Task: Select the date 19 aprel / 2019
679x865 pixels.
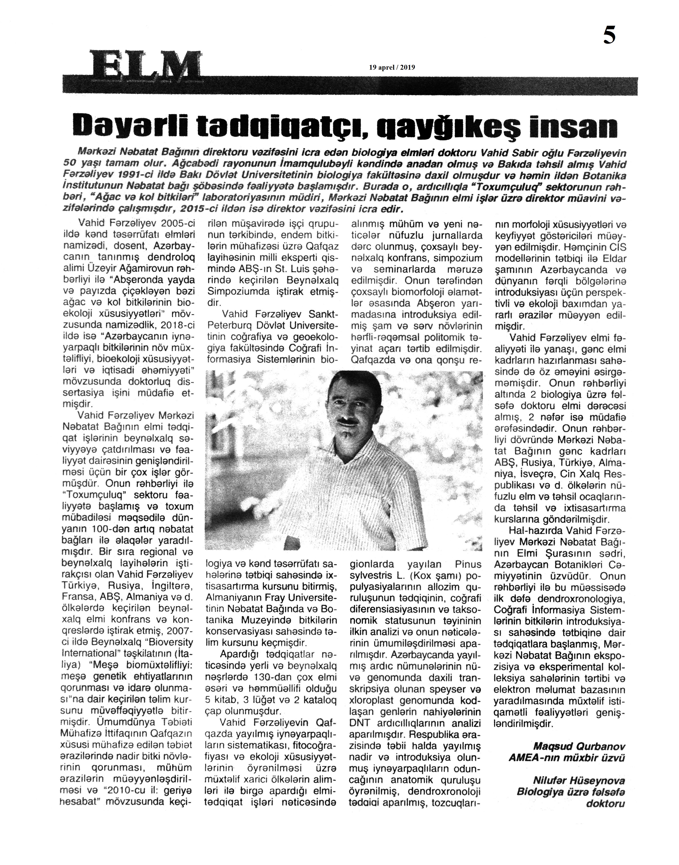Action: [x=392, y=68]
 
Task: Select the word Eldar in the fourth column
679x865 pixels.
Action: [x=614, y=259]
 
